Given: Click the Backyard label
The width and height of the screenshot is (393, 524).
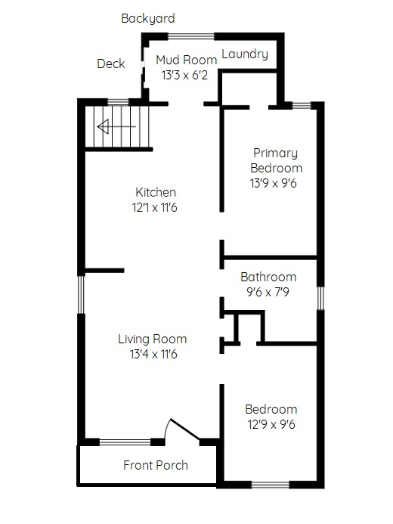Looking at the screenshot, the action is tap(148, 18).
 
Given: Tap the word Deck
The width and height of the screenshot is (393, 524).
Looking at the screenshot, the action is tap(111, 64).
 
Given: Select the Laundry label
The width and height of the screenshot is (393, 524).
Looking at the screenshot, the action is tap(245, 54).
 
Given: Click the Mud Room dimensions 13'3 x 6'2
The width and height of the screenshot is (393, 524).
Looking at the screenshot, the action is tap(184, 75).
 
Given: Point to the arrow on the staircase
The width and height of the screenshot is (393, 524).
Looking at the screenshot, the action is tap(116, 127).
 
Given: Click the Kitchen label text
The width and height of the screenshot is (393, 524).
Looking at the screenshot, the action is tap(156, 192).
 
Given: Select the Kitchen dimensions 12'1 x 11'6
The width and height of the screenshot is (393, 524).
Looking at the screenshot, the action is tap(155, 207).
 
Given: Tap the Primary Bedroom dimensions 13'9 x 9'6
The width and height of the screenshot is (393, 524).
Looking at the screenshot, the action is tap(273, 183).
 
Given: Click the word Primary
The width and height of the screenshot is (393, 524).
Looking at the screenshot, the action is tap(275, 153).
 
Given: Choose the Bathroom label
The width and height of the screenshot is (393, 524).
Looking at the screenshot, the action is tap(268, 277).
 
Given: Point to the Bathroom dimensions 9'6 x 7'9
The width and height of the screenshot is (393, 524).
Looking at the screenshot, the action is tap(268, 292).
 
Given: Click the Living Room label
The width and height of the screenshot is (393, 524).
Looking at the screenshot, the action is tap(152, 339).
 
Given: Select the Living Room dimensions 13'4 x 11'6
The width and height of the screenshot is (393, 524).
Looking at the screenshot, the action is tap(153, 354).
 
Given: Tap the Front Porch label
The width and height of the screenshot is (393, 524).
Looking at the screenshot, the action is tap(156, 465).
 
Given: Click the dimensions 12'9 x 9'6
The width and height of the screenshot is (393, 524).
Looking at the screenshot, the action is tap(271, 424).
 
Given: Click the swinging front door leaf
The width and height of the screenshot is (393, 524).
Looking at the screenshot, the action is tap(185, 429).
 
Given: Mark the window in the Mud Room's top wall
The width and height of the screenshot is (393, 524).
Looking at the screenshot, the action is tap(190, 36).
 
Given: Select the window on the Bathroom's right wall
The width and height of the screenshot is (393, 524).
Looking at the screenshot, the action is tap(320, 298).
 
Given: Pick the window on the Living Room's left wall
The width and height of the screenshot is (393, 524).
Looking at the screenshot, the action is tap(81, 294).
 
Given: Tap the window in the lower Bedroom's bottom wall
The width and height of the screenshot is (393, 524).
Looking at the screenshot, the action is tap(270, 485).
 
